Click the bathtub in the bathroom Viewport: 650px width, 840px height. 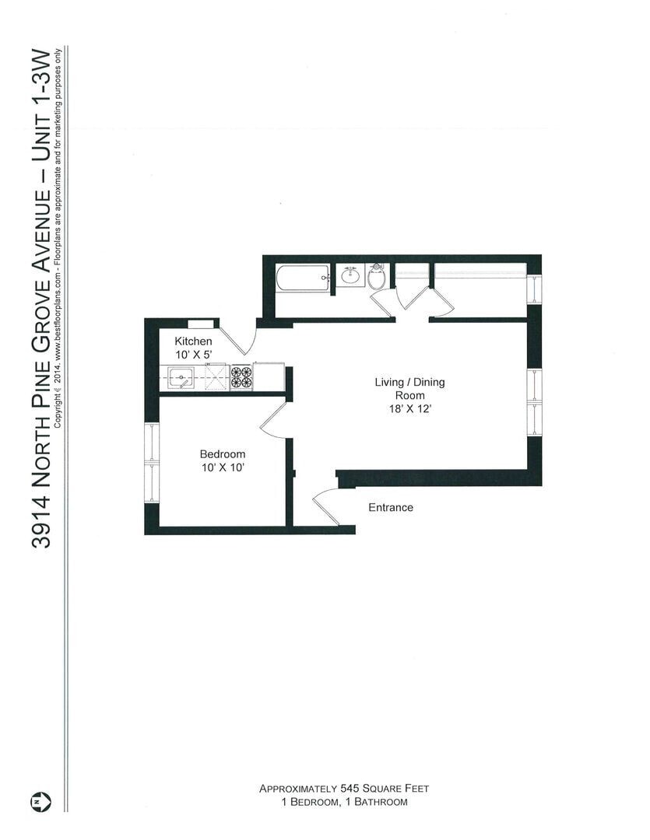pyautogui.click(x=303, y=278)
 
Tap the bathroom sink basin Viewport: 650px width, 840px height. pyautogui.click(x=350, y=275)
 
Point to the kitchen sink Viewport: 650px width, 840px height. pyautogui.click(x=181, y=379)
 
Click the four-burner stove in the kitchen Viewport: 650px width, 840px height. pyautogui.click(x=241, y=377)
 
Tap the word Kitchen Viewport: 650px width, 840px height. pyautogui.click(x=193, y=341)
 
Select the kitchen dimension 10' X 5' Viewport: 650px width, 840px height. pyautogui.click(x=193, y=355)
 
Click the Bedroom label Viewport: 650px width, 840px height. pyautogui.click(x=223, y=454)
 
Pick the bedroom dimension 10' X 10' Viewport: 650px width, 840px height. pyautogui.click(x=223, y=467)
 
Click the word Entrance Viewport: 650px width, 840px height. pyautogui.click(x=391, y=507)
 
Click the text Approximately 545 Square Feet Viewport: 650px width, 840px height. pyautogui.click(x=344, y=788)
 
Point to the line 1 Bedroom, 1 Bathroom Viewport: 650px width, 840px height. pyautogui.click(x=344, y=801)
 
